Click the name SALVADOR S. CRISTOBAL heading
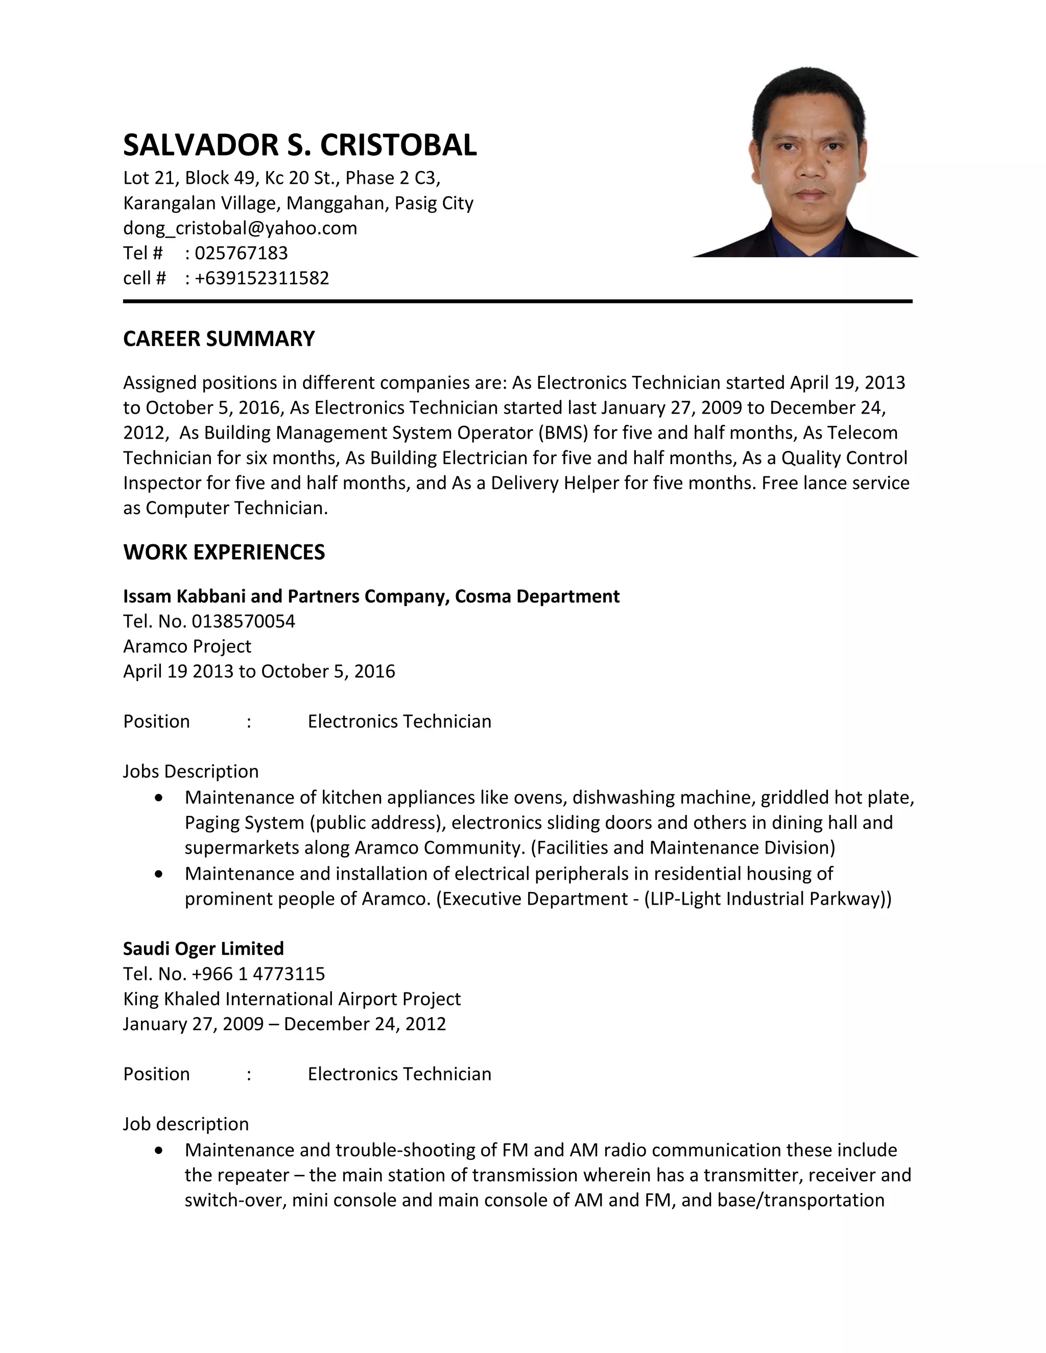coord(300,145)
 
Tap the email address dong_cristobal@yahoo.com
coord(241,228)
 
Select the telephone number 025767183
coord(241,253)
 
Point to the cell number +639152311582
coord(261,278)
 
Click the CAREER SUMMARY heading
coord(219,339)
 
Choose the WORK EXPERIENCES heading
coord(224,552)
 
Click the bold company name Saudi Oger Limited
coord(203,949)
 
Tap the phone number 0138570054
coord(244,621)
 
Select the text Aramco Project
coord(187,646)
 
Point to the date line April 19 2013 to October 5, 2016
coord(259,671)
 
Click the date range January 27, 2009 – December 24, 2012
coord(284,1023)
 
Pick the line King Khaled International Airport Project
coord(292,999)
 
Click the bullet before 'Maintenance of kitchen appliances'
coord(160,798)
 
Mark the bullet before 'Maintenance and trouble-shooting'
coord(160,1150)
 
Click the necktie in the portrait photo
coord(807,245)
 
